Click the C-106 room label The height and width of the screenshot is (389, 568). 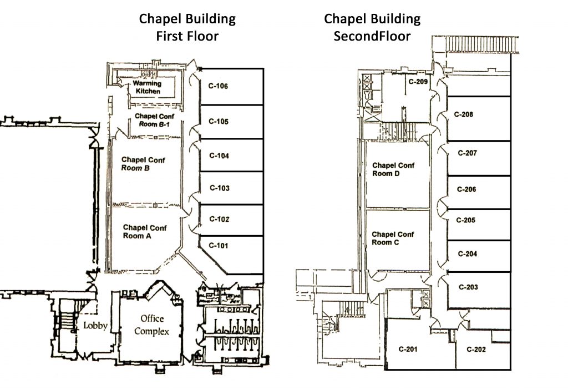coord(218,86)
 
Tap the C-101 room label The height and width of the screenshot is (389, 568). coord(218,246)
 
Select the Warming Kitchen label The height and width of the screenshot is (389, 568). coord(147,87)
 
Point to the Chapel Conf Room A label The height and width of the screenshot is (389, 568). coord(145,231)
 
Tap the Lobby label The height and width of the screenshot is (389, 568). coord(95,326)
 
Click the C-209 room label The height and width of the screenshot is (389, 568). coord(418,82)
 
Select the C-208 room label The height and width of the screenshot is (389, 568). coord(463,114)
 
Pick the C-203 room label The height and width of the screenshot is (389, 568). coord(468,287)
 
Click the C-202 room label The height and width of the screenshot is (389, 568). coord(476,349)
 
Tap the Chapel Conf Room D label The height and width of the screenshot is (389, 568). coord(393,169)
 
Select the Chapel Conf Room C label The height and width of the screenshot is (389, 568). coord(393,238)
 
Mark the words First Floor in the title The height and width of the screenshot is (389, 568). coord(187,37)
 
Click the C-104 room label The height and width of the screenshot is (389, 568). coord(219,156)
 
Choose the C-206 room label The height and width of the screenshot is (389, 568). coord(466,189)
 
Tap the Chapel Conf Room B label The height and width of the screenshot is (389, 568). coord(143,164)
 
